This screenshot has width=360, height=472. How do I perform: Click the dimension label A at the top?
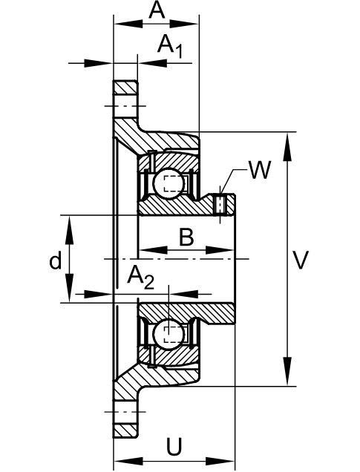point(157,11)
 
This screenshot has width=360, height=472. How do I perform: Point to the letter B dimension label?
point(186,237)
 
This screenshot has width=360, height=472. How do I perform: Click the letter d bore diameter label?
point(56,260)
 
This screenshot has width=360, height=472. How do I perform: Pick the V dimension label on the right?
point(301,260)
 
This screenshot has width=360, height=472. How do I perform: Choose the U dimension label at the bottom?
point(174,447)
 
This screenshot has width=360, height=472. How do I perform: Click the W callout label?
point(260,170)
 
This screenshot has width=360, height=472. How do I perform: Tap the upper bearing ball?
point(168,183)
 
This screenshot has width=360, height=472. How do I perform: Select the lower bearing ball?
point(168,334)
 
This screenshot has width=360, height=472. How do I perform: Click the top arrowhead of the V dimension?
point(288,147)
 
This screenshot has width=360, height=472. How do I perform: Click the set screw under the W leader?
point(220,206)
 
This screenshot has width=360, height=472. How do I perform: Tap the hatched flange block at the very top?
point(125,88)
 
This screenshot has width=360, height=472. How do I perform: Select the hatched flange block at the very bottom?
point(125,430)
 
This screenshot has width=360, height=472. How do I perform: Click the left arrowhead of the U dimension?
point(128,461)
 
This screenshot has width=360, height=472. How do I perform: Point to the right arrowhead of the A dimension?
point(184,24)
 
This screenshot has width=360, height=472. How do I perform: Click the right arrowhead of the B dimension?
point(220,250)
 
